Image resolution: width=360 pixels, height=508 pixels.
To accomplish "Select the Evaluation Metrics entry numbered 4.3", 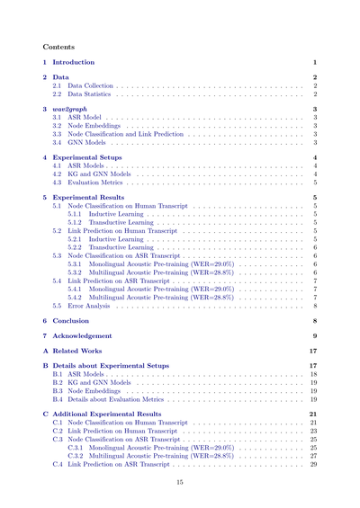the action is point(97,182).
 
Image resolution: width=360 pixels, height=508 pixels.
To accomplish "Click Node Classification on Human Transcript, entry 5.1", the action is point(134,206).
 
